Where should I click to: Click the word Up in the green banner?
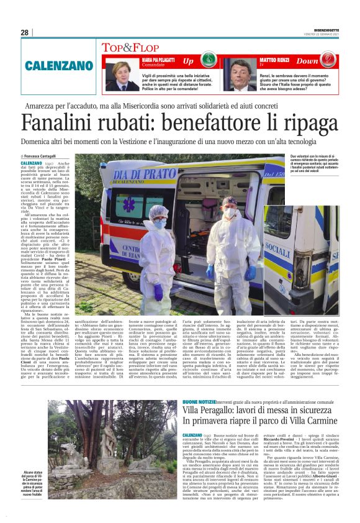point(188,61)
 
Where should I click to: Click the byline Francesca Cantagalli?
point(40,155)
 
